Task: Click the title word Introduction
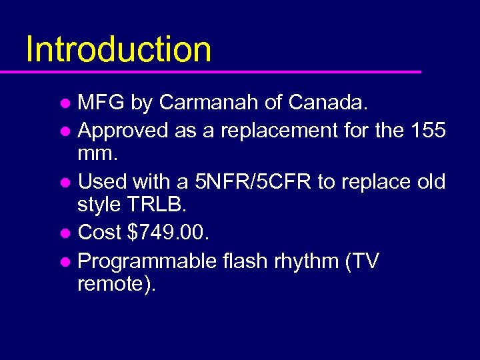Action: point(119,49)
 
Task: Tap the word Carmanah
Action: point(213,103)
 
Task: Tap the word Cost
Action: point(100,233)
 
